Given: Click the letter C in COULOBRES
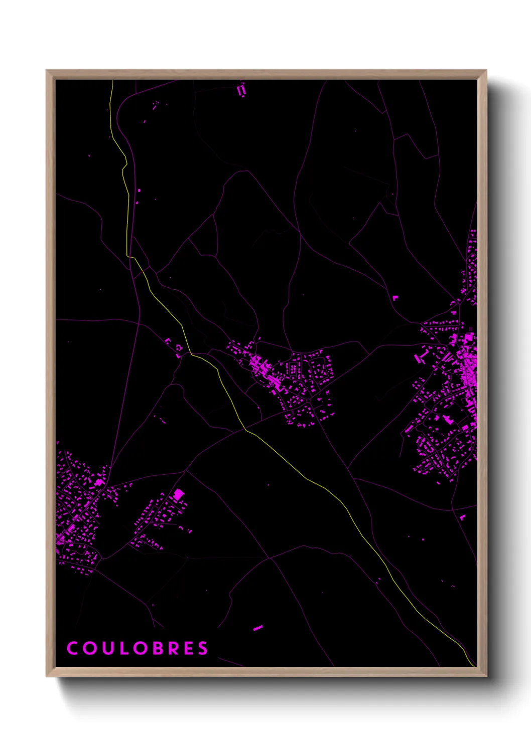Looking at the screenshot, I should click(72, 648).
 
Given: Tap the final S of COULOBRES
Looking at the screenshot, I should click(203, 648).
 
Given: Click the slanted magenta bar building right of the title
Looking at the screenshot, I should click(258, 627).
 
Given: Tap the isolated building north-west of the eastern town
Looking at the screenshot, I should click(394, 298).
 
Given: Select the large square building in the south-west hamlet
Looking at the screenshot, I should click(178, 495).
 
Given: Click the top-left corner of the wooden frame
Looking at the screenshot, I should click(47, 71).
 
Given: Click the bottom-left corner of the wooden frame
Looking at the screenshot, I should click(47, 676).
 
